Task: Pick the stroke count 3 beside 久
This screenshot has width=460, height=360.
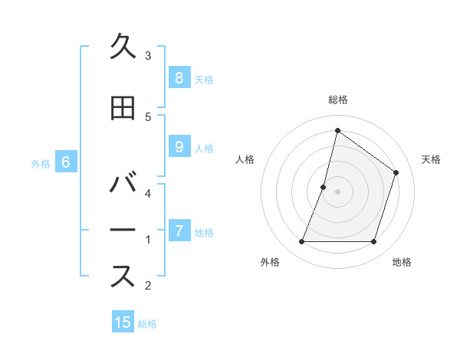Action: (x=148, y=55)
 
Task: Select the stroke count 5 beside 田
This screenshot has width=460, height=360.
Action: (x=148, y=116)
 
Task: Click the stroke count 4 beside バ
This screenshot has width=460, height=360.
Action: (x=148, y=193)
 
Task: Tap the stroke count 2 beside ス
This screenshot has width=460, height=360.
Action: (x=148, y=285)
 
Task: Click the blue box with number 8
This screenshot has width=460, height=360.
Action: (x=179, y=77)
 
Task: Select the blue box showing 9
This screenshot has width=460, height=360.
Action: (x=179, y=147)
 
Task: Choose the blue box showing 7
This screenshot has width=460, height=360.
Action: (x=179, y=231)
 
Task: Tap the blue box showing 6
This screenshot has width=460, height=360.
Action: (x=66, y=162)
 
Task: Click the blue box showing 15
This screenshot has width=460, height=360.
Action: (x=123, y=322)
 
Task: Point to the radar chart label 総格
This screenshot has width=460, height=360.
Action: (x=337, y=100)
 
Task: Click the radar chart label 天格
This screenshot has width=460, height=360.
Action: (x=431, y=159)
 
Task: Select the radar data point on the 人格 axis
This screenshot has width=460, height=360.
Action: (x=324, y=187)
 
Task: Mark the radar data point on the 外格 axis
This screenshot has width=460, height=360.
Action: (x=301, y=242)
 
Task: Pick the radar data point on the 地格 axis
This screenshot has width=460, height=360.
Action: (x=373, y=242)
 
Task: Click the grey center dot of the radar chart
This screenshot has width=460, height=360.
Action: (x=337, y=191)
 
